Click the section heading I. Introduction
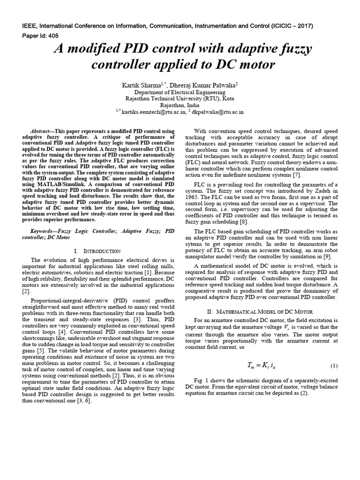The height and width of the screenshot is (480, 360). tap(97, 251)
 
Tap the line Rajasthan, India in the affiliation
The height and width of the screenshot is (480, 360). tap(180, 105)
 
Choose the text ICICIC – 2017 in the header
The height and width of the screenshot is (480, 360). tap(292, 26)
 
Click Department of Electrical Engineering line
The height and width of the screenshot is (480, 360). tap(180, 92)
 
